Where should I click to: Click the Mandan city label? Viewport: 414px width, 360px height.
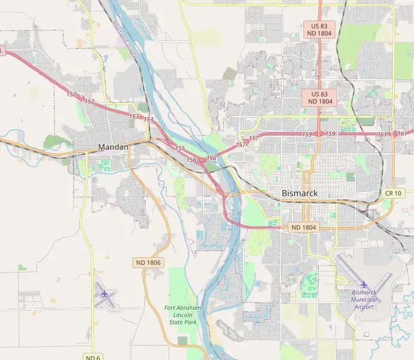point(113,147)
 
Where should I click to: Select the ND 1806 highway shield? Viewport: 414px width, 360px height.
point(147,263)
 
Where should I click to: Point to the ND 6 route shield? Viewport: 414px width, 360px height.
point(92,357)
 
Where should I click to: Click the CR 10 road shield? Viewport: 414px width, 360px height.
point(392,193)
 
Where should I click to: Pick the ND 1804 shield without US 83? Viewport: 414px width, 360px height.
point(303,227)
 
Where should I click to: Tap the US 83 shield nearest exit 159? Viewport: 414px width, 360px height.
point(319,98)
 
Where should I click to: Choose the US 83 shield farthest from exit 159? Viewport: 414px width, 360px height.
point(319,30)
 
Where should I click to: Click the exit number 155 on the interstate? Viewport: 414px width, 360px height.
point(180,148)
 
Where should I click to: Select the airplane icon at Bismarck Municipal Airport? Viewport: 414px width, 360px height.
point(364,284)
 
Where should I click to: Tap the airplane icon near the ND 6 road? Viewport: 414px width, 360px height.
point(105,294)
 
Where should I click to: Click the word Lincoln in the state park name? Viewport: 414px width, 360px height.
point(183,315)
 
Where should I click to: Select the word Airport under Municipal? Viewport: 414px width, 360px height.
point(364,307)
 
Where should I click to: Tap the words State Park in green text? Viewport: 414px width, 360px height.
point(183,323)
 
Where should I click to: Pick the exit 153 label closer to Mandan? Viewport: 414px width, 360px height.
point(134,116)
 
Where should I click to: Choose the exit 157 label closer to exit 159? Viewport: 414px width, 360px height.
point(254,138)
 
